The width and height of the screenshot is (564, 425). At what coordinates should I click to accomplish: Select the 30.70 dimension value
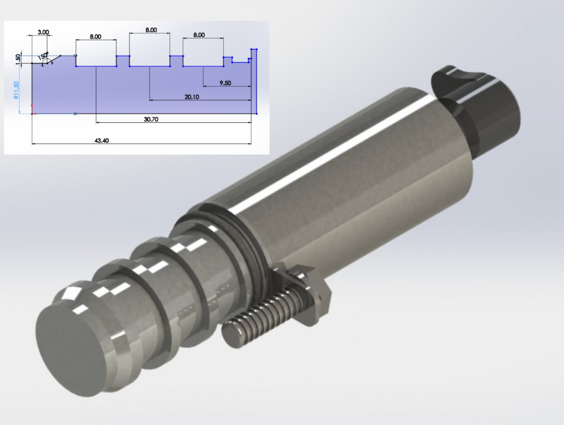(x=151, y=119)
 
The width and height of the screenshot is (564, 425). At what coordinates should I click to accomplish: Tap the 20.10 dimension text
(x=191, y=97)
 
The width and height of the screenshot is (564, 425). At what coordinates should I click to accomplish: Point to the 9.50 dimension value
(x=225, y=83)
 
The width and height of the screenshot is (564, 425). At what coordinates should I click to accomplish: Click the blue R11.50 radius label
(x=17, y=90)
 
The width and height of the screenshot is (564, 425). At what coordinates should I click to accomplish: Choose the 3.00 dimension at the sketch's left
(x=43, y=32)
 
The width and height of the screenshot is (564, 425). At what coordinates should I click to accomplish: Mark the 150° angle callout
(x=43, y=56)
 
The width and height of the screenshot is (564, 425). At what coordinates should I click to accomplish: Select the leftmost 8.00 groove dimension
(x=96, y=37)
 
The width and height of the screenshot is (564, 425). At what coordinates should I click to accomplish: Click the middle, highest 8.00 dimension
(x=151, y=30)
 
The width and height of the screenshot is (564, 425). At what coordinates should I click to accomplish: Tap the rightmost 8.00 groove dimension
(x=199, y=35)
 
